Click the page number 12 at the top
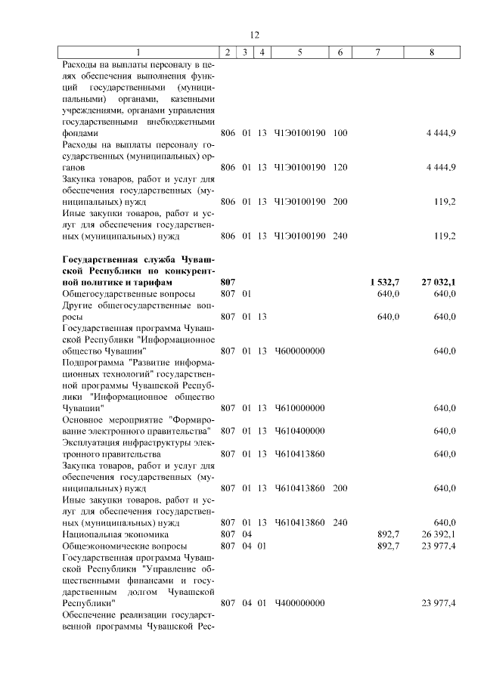tap(254, 35)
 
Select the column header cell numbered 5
tap(300, 52)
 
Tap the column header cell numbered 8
tap(431, 52)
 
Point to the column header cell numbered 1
tap(138, 52)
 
